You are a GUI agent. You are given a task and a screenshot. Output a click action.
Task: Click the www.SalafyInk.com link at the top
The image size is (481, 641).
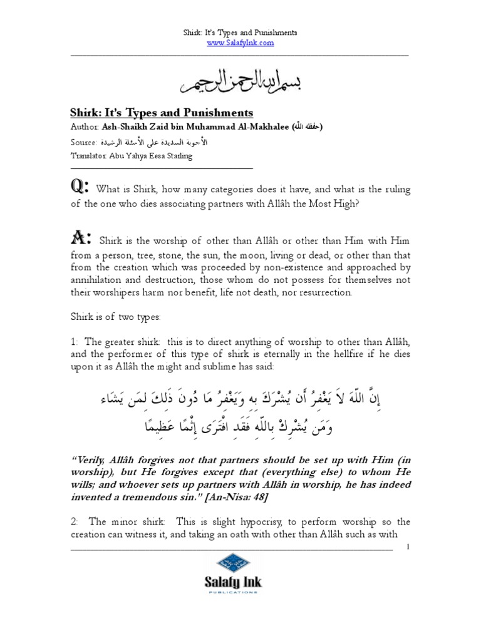pyautogui.click(x=240, y=43)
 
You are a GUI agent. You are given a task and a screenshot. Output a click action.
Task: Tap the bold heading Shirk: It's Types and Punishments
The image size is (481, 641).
pyautogui.click(x=161, y=113)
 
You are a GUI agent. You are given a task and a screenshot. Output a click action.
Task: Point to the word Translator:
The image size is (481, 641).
pyautogui.click(x=89, y=156)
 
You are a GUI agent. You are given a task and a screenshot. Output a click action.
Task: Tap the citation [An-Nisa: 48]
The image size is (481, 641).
pyautogui.click(x=220, y=496)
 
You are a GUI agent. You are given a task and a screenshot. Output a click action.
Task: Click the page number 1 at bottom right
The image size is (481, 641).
pyautogui.click(x=408, y=547)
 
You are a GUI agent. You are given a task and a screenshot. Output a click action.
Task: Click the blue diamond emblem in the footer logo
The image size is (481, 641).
pyautogui.click(x=232, y=564)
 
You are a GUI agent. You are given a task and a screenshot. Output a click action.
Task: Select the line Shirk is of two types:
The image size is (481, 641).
pyautogui.click(x=115, y=317)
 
